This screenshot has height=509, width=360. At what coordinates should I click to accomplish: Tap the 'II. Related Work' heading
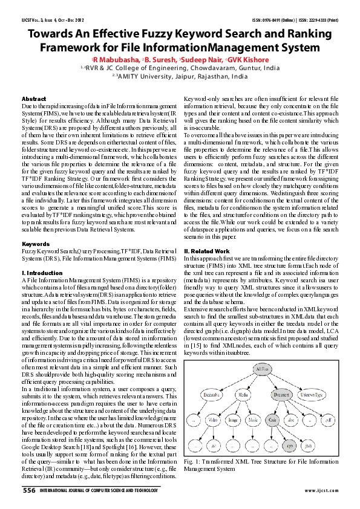click(208, 250)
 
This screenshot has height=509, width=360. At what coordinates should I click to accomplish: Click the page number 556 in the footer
click(29, 491)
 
